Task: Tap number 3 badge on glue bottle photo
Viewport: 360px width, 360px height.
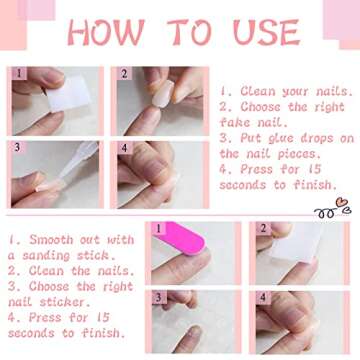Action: coord(17,147)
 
